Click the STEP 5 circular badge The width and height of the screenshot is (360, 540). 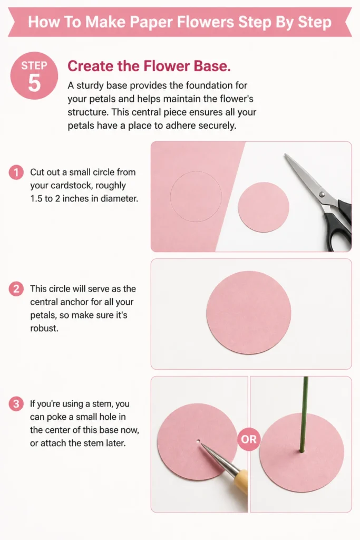pyautogui.click(x=34, y=76)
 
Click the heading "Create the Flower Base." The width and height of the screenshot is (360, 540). pyautogui.click(x=149, y=66)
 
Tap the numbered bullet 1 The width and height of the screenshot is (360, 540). pyautogui.click(x=16, y=172)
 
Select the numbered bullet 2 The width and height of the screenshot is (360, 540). pyautogui.click(x=16, y=288)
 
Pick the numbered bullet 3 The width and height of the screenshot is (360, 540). pyautogui.click(x=16, y=403)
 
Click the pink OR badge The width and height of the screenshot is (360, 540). pyautogui.click(x=249, y=439)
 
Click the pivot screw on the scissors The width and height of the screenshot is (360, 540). pyautogui.click(x=322, y=194)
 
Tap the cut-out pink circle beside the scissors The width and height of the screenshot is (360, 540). pyautogui.click(x=264, y=207)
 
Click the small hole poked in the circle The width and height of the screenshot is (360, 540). pyautogui.click(x=198, y=441)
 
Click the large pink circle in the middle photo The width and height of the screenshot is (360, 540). pyautogui.click(x=248, y=313)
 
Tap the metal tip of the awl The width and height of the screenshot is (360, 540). pyautogui.click(x=202, y=445)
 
